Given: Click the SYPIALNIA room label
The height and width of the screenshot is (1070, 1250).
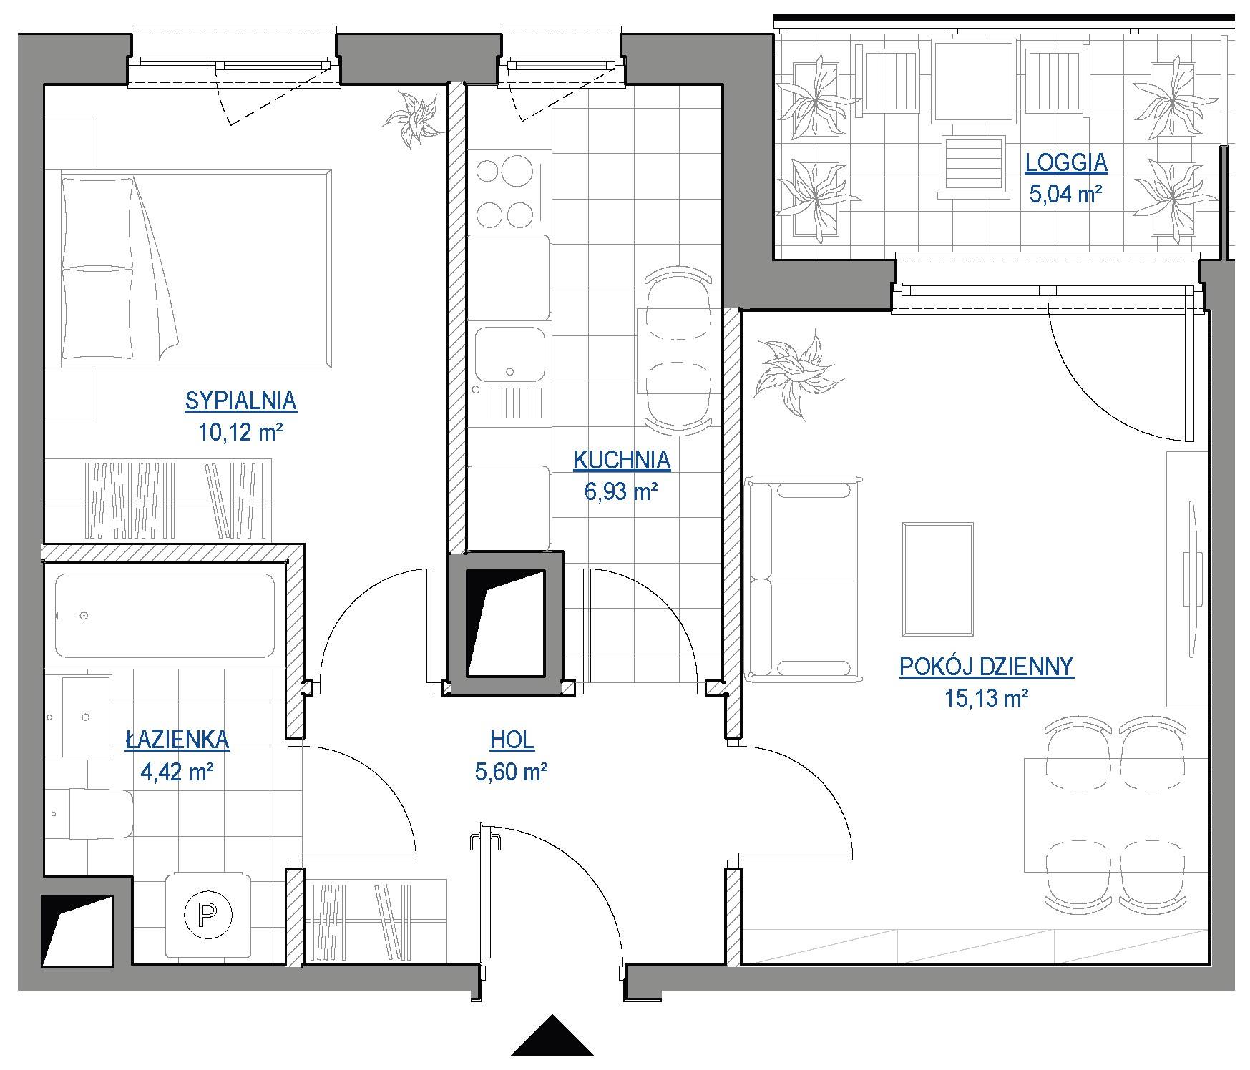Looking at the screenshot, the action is point(240,401).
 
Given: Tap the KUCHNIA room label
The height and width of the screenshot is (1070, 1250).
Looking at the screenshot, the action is point(622,461).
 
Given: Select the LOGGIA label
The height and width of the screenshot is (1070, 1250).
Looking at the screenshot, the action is point(1066,163).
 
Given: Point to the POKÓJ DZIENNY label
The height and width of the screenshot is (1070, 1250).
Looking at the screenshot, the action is point(986,667).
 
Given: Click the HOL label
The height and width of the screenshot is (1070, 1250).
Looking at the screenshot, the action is point(512,740).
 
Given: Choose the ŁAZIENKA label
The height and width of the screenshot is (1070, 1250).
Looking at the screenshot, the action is point(177,739).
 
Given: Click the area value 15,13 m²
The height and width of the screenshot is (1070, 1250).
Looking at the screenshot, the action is point(986,697).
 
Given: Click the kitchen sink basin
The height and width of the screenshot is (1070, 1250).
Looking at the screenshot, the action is point(509,355).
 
